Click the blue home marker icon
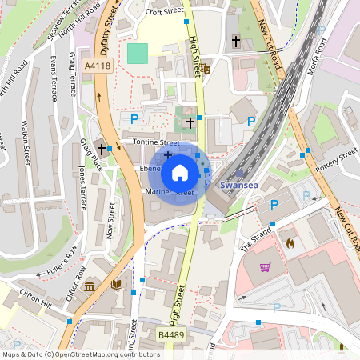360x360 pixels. [x=180, y=171]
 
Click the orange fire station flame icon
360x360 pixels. [x=290, y=241]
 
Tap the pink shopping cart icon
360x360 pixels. [x=265, y=266]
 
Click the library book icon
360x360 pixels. [x=117, y=284]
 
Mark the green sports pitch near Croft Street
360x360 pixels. [x=138, y=54]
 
